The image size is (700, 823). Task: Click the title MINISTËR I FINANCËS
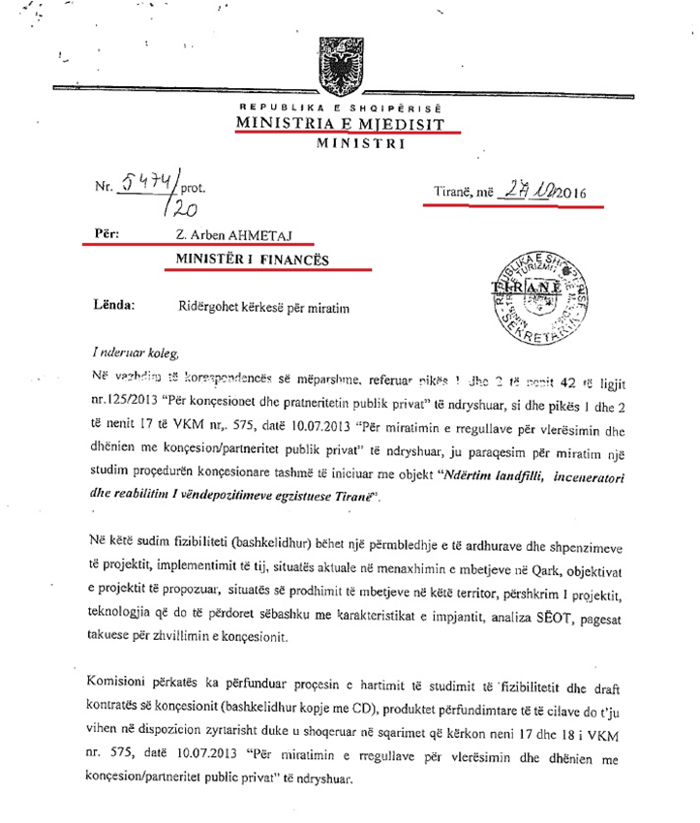(251, 259)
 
